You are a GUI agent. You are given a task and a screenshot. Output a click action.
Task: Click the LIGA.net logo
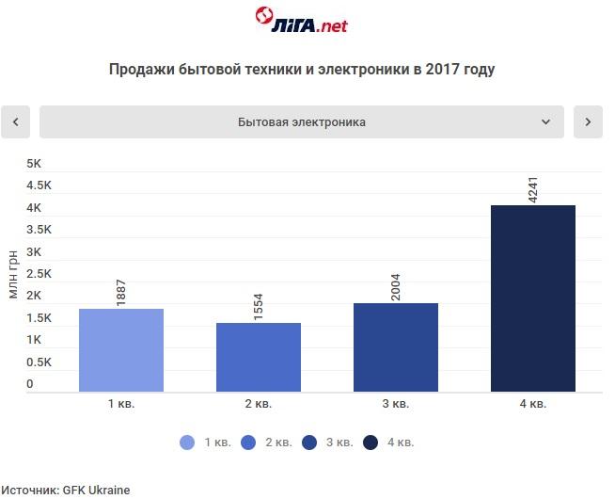(301, 20)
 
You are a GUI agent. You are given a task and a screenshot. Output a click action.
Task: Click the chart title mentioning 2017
(302, 70)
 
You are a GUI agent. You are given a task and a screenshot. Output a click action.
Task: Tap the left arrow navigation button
(16, 122)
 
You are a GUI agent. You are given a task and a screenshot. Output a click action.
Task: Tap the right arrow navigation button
(588, 122)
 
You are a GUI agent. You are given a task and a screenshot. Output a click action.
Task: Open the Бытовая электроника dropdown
(302, 122)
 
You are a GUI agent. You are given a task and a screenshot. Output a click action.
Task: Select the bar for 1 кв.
(121, 350)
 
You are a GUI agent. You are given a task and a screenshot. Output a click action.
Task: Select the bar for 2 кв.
(259, 357)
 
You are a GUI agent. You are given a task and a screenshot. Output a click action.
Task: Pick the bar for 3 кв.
(396, 347)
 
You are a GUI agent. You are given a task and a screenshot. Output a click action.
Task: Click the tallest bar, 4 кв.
(533, 298)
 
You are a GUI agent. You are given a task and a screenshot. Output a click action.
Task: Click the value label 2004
(396, 285)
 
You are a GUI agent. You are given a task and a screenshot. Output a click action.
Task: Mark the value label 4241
(533, 186)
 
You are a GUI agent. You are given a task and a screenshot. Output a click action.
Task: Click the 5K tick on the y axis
(35, 164)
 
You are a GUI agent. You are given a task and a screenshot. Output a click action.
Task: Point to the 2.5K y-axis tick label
(39, 274)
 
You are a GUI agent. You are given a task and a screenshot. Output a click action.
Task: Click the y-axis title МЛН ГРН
(13, 274)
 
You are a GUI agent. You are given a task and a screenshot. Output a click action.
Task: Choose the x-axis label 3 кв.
(396, 404)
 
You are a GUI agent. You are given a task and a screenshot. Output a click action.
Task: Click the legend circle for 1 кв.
(187, 443)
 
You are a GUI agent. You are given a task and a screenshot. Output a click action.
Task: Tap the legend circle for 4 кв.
(371, 443)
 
